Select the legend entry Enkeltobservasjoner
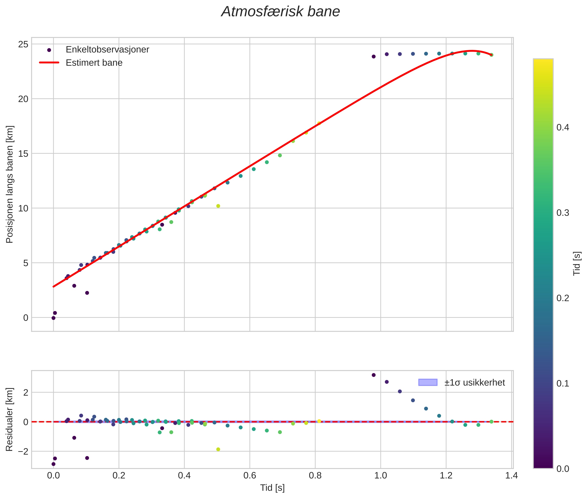tap(107, 50)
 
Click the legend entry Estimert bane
tap(94, 63)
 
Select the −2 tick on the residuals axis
tap(23, 451)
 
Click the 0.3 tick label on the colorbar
tap(562, 213)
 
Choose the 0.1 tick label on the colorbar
tap(562, 384)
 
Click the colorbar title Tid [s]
tap(577, 263)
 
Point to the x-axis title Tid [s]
tap(272, 488)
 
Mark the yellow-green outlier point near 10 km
tap(218, 206)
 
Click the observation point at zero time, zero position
tap(53, 318)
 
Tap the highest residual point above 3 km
tap(374, 375)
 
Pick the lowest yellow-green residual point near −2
tap(218, 449)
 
